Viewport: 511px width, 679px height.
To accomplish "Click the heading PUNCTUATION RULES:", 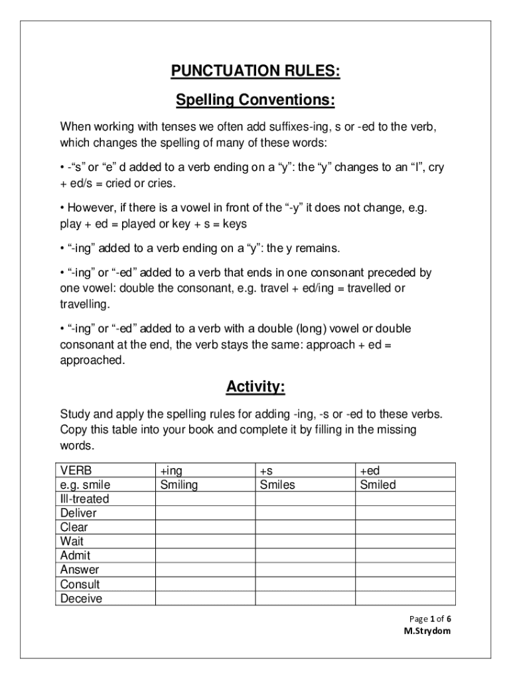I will (256, 72).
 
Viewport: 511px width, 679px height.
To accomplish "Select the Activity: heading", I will (256, 387).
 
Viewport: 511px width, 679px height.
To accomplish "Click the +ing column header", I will (171, 470).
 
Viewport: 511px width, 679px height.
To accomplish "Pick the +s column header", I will (267, 470).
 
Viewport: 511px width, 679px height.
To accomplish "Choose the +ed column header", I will (370, 470).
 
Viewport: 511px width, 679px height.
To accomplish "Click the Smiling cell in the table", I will (179, 485).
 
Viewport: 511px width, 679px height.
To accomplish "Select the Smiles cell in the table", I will (277, 485).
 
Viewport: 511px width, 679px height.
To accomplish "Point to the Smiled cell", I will (378, 485).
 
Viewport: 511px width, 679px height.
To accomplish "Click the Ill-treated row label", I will (84, 499).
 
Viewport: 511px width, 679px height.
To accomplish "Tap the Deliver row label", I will (78, 513).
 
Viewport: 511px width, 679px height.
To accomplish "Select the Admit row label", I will (75, 556).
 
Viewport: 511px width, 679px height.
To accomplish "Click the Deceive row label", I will (81, 599).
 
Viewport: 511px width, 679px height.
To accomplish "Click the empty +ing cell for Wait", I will (205, 542).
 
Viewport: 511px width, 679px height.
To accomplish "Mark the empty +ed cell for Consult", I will (405, 584).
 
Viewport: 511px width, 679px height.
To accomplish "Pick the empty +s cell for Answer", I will (305, 570).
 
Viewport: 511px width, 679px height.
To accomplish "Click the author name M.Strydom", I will (427, 631).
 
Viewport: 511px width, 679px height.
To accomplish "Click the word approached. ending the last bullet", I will (92, 360).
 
